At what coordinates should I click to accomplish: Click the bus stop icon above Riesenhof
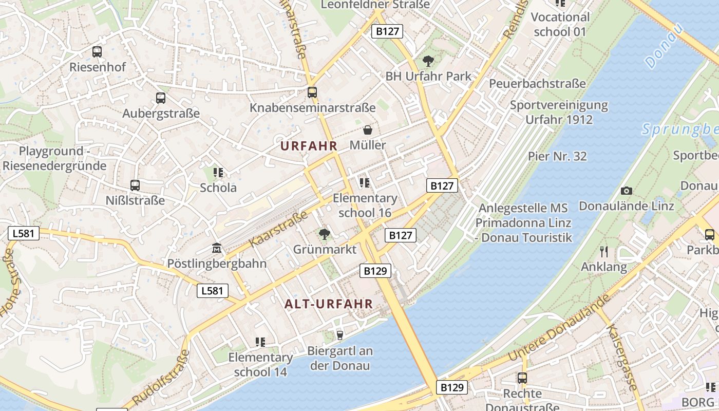pyautogui.click(x=97, y=51)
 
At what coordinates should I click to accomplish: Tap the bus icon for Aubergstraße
pyautogui.click(x=161, y=98)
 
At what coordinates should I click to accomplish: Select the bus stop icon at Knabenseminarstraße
pyautogui.click(x=312, y=92)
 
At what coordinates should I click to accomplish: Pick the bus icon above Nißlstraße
pyautogui.click(x=135, y=185)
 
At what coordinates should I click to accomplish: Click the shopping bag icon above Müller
pyautogui.click(x=368, y=130)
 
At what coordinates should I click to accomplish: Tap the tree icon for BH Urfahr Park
pyautogui.click(x=428, y=61)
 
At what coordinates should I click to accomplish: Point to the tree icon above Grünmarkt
pyautogui.click(x=324, y=235)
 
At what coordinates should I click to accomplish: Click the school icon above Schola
pyautogui.click(x=218, y=173)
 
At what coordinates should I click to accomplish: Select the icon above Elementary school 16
pyautogui.click(x=365, y=183)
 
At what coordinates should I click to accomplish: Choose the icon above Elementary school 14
pyautogui.click(x=260, y=342)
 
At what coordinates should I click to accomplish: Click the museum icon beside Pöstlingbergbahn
pyautogui.click(x=217, y=249)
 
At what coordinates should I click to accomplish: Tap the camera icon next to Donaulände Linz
pyautogui.click(x=626, y=191)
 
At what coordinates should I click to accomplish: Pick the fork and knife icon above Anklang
pyautogui.click(x=604, y=252)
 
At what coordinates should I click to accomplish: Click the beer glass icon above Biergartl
pyautogui.click(x=339, y=335)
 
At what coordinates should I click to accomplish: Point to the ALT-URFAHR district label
pyautogui.click(x=329, y=304)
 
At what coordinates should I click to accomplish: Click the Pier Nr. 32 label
pyautogui.click(x=557, y=156)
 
